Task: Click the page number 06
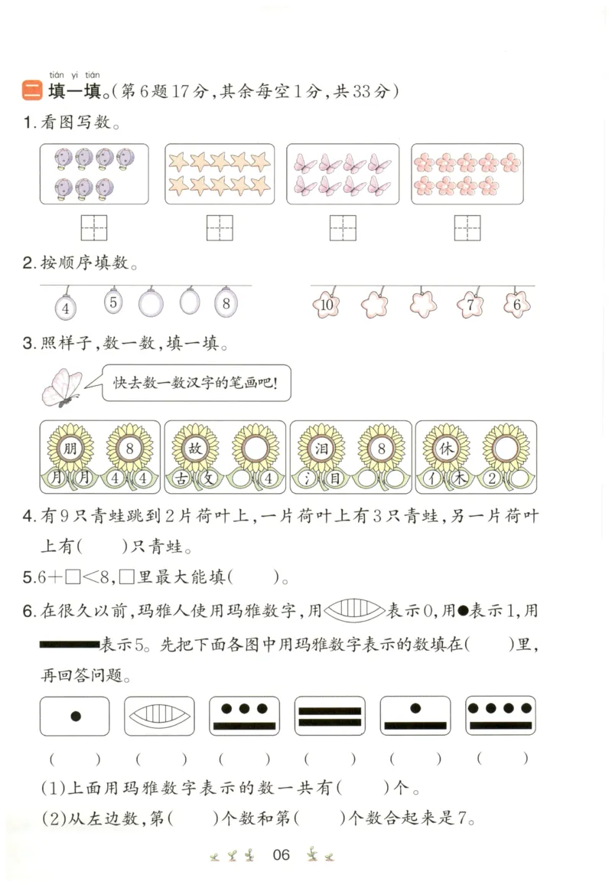coord(282,854)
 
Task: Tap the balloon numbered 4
coord(67,309)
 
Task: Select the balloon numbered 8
coord(226,303)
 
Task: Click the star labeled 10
coord(327,305)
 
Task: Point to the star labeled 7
coord(470,305)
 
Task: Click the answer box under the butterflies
coord(343,227)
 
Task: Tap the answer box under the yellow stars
coord(220,227)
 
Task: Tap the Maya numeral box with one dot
coord(75,717)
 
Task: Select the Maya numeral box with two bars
coord(329,717)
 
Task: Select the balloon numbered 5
coord(113,302)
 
